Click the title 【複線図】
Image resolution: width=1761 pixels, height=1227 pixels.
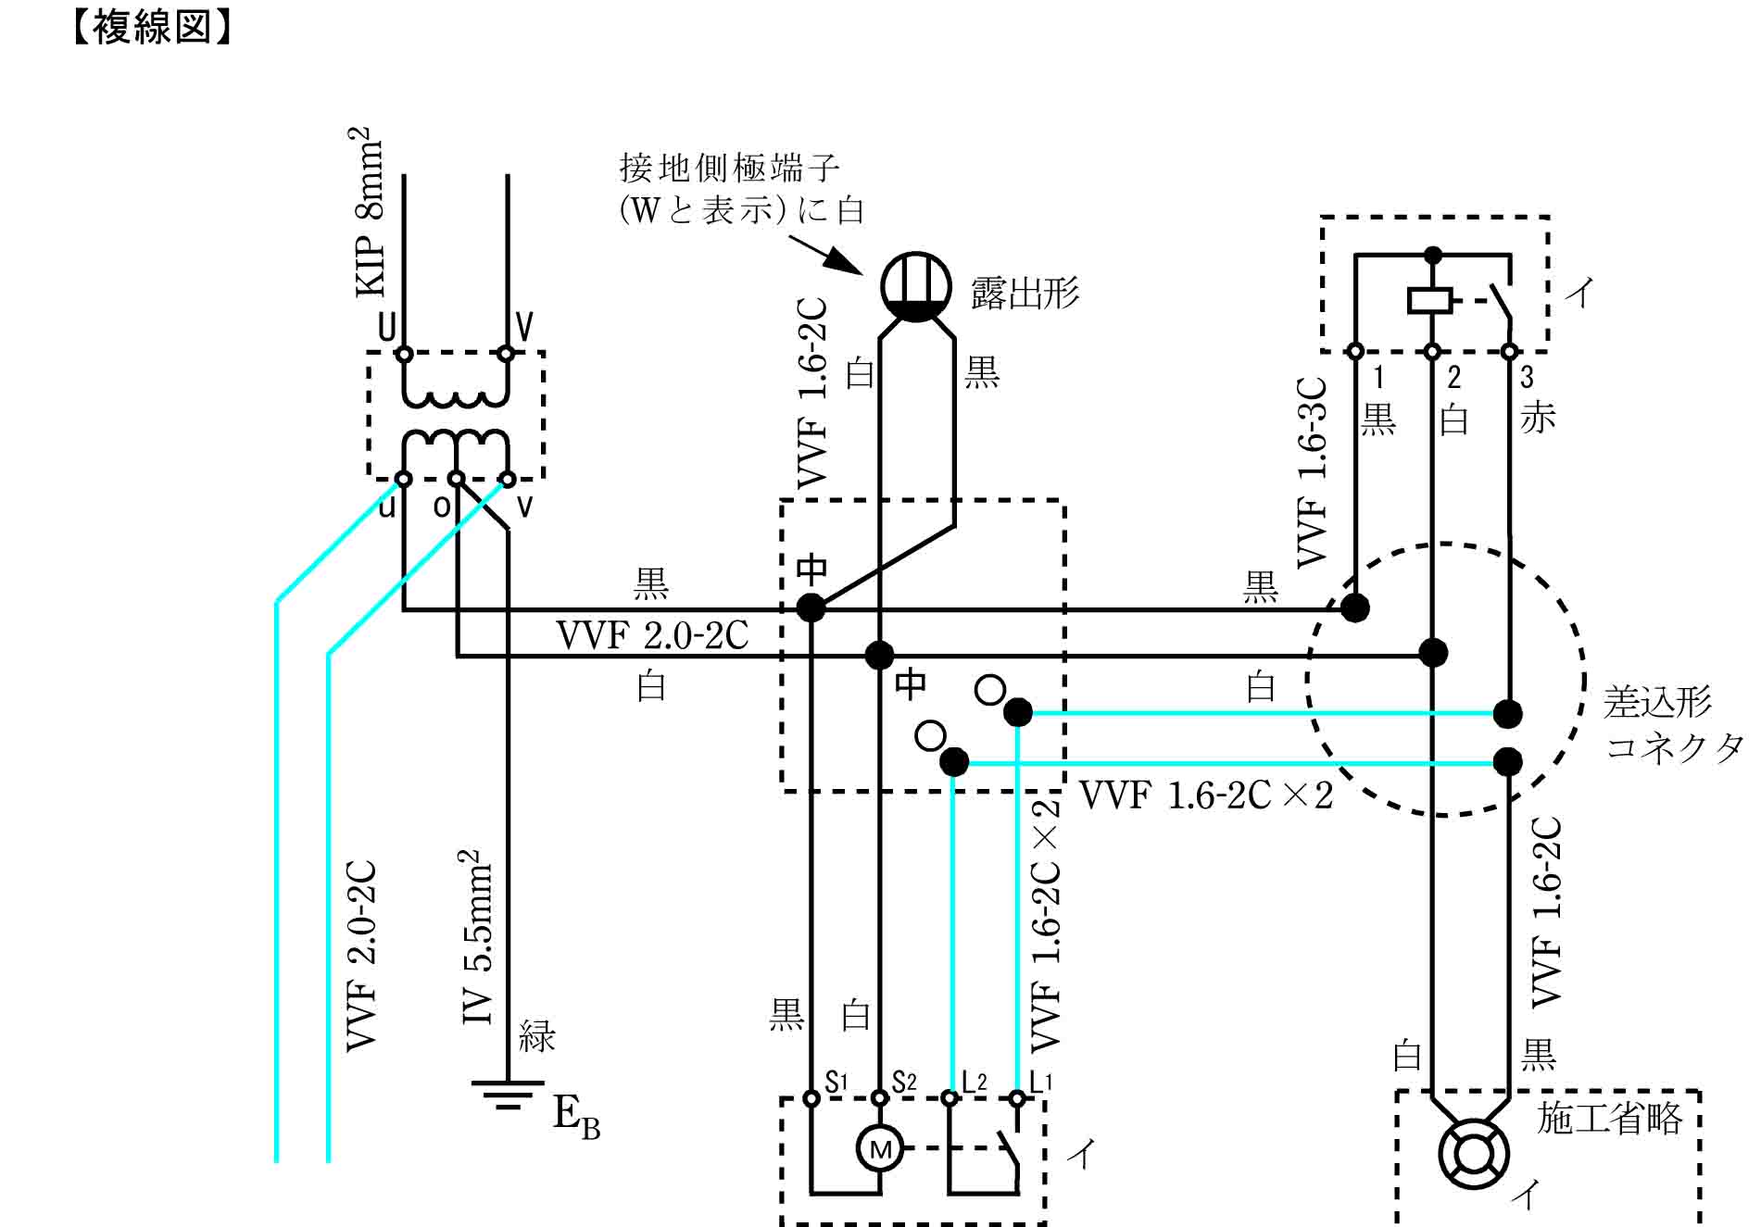click(x=150, y=27)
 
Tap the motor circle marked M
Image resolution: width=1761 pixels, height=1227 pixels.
click(x=879, y=1148)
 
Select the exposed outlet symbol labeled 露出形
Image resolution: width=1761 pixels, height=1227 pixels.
click(x=915, y=286)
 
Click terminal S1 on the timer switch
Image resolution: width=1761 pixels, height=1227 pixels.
click(x=811, y=1098)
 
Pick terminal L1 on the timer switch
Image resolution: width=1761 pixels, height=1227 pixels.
click(x=1017, y=1098)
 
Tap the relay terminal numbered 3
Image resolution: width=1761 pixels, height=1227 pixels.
click(x=1509, y=352)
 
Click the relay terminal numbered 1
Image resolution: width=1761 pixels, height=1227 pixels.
click(x=1355, y=352)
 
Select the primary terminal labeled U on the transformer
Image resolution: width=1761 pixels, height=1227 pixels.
click(x=404, y=353)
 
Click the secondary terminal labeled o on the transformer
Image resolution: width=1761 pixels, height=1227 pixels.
click(x=456, y=479)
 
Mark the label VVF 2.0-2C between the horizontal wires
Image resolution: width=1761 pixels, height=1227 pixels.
click(x=652, y=635)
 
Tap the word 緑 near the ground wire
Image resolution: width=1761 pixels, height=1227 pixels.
click(x=537, y=1036)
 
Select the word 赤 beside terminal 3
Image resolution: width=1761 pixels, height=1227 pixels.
click(x=1538, y=418)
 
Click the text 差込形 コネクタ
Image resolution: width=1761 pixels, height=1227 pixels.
click(x=1673, y=724)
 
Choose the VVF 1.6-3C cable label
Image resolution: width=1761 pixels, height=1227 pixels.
click(x=1312, y=472)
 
